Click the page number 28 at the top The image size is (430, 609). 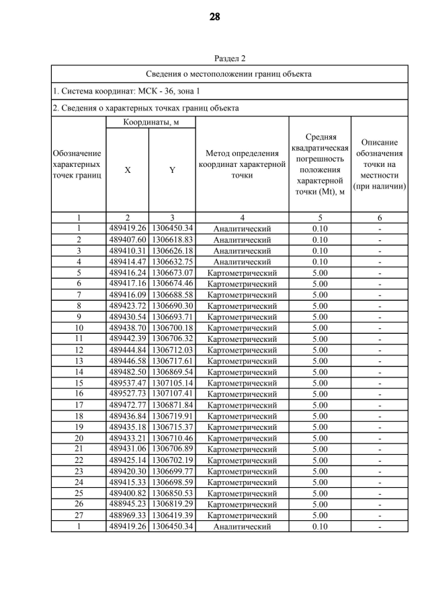(215, 17)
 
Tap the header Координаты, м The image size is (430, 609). (150, 122)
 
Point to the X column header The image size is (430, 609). (127, 171)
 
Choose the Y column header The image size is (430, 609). (172, 171)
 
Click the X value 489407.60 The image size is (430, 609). (128, 240)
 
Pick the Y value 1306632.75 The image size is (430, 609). (172, 262)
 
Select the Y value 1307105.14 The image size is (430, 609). (172, 383)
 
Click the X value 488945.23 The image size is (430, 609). (128, 504)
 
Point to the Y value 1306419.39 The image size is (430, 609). (172, 515)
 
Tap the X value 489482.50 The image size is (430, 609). (128, 372)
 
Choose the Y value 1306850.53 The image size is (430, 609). (172, 493)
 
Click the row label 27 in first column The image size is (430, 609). (79, 515)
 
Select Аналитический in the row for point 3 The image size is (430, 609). (242, 251)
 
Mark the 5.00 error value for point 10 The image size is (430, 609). (320, 328)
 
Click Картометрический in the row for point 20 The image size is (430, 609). (242, 438)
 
